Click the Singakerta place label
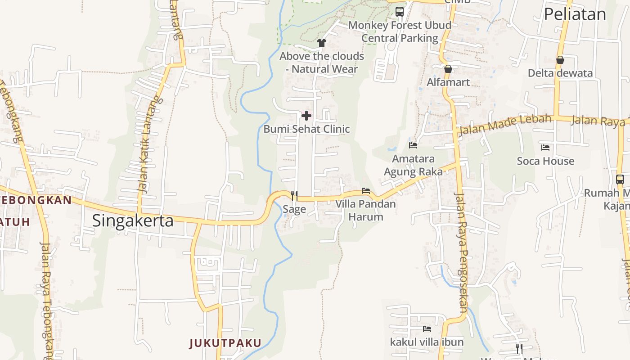133,221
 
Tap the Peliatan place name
575,14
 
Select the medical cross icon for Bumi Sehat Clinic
306,116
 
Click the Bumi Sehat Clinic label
306,129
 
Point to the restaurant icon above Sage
294,195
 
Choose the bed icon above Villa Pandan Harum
366,191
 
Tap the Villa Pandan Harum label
366,210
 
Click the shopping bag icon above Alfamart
448,69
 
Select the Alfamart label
448,82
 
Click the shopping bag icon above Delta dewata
560,59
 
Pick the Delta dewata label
560,73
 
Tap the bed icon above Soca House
545,147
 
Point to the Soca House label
545,161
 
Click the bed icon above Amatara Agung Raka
413,145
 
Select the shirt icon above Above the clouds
321,43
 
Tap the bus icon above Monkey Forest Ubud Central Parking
400,12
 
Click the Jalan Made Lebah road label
505,125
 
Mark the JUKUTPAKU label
225,343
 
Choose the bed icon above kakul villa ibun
427,329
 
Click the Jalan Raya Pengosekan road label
462,252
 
